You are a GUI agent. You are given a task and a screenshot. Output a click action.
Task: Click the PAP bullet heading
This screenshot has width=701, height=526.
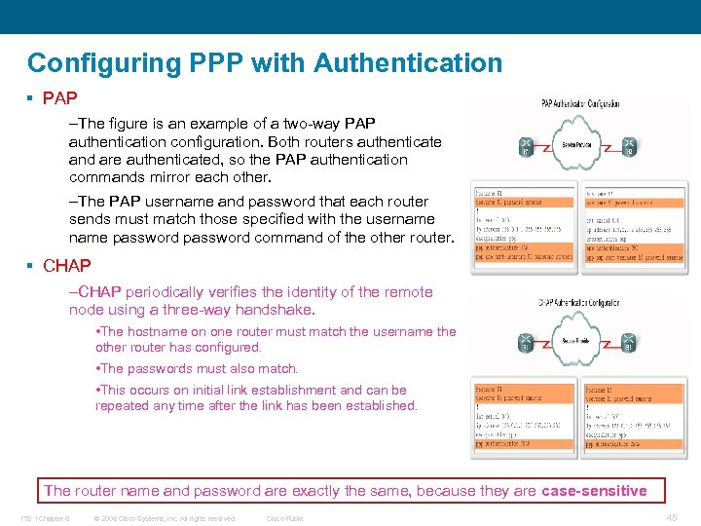59,98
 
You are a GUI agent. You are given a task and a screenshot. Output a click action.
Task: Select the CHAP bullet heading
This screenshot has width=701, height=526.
66,265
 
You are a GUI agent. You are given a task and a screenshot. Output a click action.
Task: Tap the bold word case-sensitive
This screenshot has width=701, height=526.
594,490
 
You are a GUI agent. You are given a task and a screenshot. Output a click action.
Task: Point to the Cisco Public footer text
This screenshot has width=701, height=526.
285,518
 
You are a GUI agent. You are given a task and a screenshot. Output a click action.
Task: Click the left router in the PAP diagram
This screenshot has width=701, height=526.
525,144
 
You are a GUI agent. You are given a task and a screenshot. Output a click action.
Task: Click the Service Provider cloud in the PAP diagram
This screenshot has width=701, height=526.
578,144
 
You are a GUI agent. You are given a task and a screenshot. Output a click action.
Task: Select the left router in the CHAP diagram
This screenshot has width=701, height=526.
525,343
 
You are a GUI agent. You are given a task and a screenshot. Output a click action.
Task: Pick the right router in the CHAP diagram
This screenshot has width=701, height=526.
630,343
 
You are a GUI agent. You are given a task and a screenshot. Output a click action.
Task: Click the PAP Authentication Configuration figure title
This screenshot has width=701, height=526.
580,104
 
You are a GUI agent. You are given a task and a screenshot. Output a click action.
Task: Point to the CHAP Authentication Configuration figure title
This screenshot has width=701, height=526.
580,303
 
